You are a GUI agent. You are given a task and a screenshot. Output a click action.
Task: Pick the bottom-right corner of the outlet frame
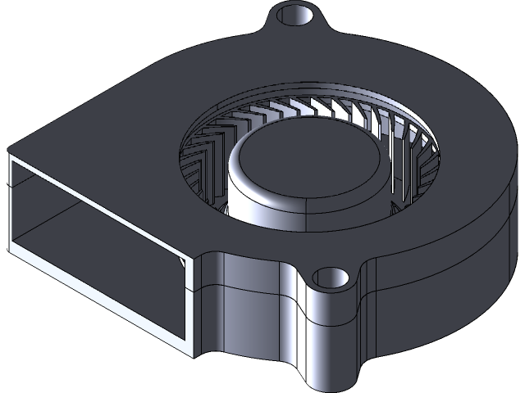(x=194, y=355)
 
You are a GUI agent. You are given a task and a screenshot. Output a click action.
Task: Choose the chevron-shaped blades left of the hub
(x=205, y=156)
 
